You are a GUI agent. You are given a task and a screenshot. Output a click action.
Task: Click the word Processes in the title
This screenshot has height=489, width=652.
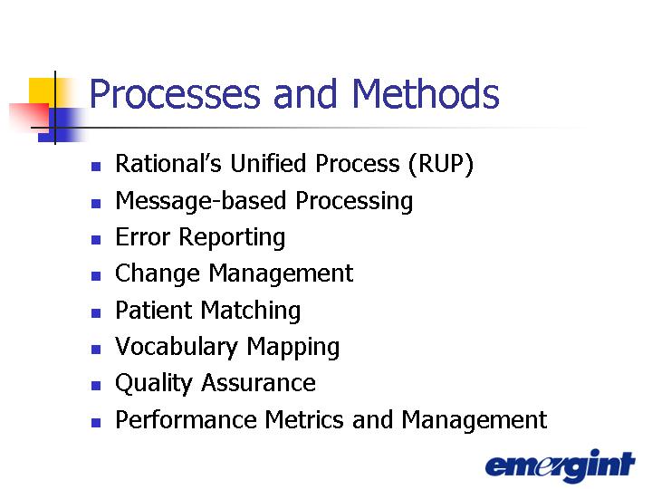point(175,93)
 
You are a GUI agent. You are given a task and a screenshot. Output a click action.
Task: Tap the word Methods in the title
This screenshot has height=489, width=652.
point(426,93)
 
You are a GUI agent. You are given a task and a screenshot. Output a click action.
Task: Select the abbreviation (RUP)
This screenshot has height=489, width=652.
point(441,164)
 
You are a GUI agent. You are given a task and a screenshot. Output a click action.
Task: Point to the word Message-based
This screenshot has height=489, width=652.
point(201,202)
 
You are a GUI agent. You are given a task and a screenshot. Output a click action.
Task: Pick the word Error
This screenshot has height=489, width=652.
point(143,237)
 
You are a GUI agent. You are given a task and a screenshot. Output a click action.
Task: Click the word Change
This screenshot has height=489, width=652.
point(158,275)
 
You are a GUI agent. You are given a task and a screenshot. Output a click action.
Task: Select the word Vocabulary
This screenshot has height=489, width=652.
point(177,348)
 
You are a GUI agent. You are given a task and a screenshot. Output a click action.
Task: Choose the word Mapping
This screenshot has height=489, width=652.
point(293,348)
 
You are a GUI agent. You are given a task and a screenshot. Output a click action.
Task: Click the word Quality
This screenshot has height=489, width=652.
point(153,383)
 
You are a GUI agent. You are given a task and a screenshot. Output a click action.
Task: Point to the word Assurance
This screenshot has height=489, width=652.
point(259,383)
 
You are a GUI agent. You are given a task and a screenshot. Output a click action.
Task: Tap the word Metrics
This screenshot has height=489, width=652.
point(304,419)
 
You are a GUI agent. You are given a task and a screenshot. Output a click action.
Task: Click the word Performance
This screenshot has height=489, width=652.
point(186,419)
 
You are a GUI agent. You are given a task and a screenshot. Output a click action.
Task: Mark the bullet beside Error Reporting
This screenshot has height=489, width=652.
point(96,239)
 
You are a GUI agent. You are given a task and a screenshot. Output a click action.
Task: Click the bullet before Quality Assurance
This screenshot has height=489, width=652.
point(96,386)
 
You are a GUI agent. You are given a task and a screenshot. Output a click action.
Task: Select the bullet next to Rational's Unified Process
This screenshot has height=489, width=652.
point(96,167)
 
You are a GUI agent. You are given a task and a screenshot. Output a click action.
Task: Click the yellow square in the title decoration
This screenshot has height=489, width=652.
point(42,91)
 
